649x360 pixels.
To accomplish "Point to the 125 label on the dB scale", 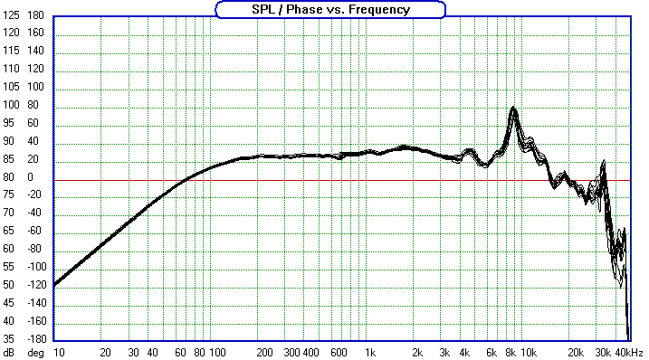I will [11, 32].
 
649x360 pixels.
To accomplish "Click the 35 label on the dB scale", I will [11, 339].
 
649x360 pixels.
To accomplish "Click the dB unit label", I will [9, 352].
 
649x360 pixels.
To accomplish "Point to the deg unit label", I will [34, 352].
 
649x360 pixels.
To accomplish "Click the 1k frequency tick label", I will [369, 352].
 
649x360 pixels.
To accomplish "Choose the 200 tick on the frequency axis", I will [264, 352].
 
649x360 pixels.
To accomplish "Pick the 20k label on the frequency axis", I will [574, 352].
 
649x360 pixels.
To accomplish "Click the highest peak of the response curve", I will [513, 108].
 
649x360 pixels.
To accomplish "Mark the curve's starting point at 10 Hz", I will [53, 286].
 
